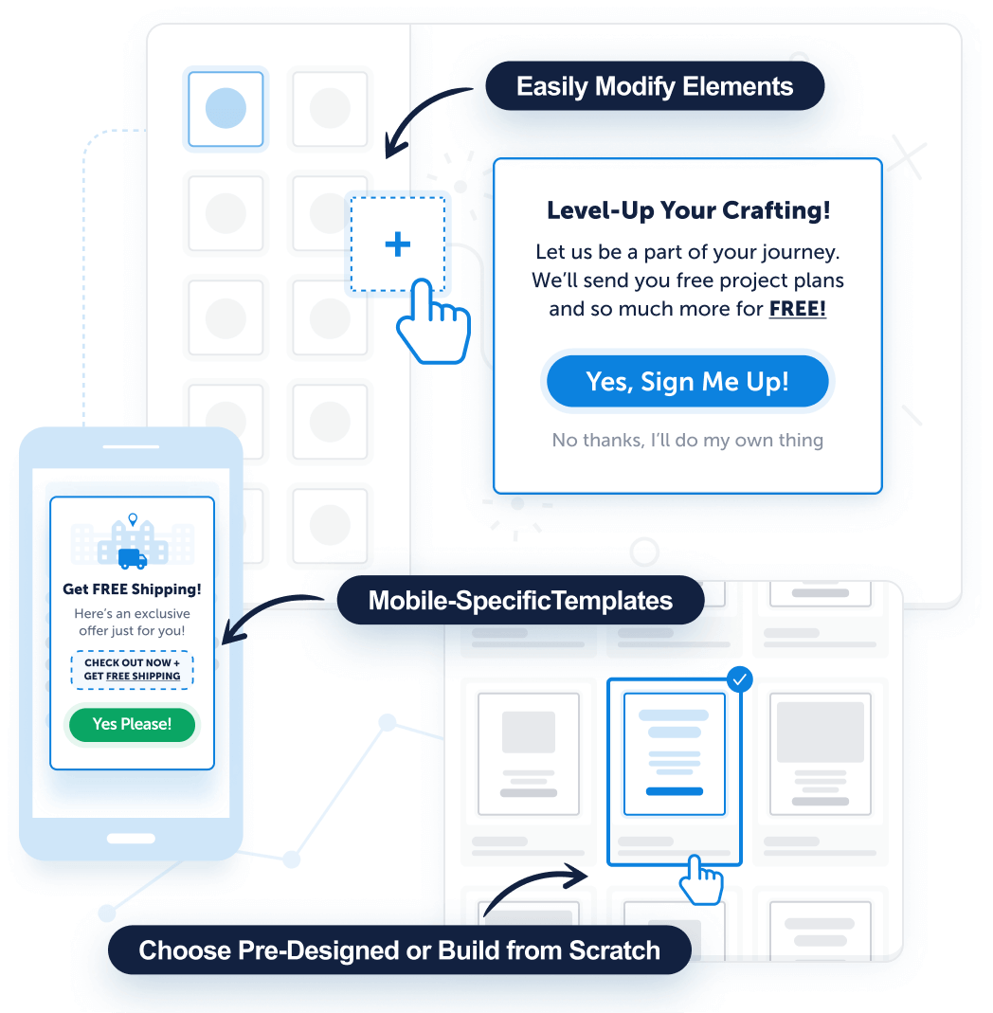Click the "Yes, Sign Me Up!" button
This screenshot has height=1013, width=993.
tap(687, 381)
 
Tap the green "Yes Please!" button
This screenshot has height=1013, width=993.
tap(132, 724)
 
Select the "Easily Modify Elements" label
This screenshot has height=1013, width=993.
tap(654, 86)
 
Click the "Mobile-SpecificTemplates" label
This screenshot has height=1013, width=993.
tap(520, 600)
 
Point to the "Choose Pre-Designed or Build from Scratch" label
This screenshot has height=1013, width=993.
tap(399, 950)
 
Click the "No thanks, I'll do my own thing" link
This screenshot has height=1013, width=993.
tap(687, 440)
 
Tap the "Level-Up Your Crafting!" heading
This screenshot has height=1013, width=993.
tap(688, 210)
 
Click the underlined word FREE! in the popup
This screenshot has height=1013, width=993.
tap(797, 309)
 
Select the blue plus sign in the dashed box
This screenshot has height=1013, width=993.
tap(397, 244)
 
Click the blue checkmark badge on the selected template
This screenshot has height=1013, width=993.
tap(739, 678)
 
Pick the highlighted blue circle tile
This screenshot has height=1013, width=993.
tap(226, 109)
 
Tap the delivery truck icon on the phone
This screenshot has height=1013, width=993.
tap(133, 558)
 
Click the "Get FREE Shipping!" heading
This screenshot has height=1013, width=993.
tap(132, 588)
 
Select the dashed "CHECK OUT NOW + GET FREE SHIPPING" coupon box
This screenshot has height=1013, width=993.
tap(132, 669)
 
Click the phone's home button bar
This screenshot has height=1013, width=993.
tap(131, 839)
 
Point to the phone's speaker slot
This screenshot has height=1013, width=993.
tap(131, 446)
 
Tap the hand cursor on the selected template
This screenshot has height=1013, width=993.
tap(700, 879)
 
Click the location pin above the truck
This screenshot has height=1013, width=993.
tap(133, 519)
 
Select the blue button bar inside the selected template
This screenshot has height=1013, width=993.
tap(674, 791)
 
